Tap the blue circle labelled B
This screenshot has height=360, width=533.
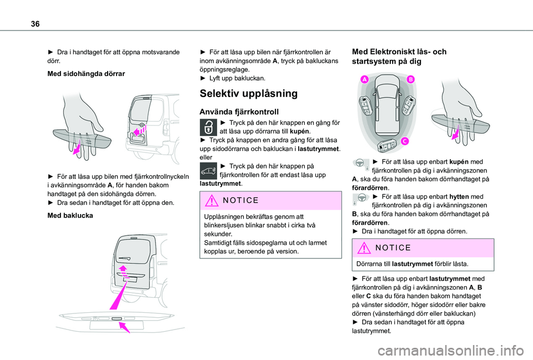[411, 80]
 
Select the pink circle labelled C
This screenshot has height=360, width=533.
[405, 141]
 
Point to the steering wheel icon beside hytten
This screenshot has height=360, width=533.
[361, 198]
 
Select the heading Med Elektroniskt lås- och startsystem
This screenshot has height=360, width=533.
[399, 57]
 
